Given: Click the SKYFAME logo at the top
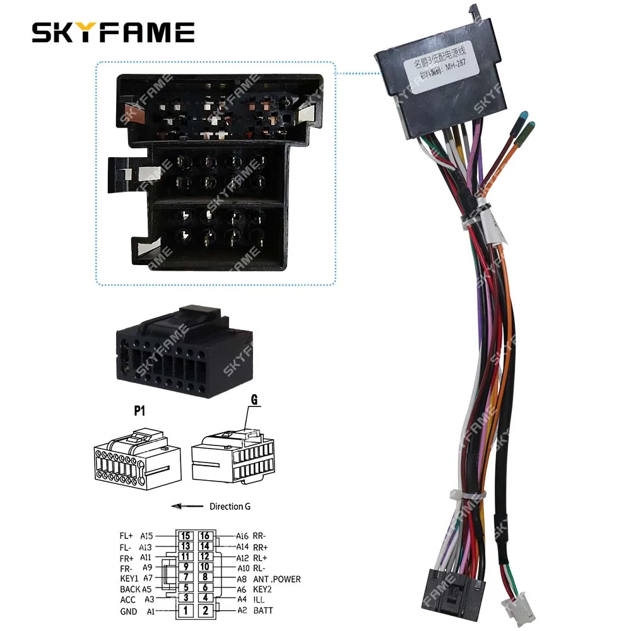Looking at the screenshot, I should (x=114, y=32).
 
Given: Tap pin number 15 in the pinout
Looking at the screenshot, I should (x=185, y=536).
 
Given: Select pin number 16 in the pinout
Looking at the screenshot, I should (x=205, y=536).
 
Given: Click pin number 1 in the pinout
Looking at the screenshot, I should (x=185, y=610).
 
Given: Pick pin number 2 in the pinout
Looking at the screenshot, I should (x=205, y=610).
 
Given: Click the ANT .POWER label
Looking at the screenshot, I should (x=277, y=579).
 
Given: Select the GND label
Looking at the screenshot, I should (x=129, y=611).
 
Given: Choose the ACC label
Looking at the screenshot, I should (x=128, y=599).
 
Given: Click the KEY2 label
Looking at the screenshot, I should (x=264, y=589).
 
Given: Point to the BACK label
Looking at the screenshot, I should (x=130, y=589).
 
